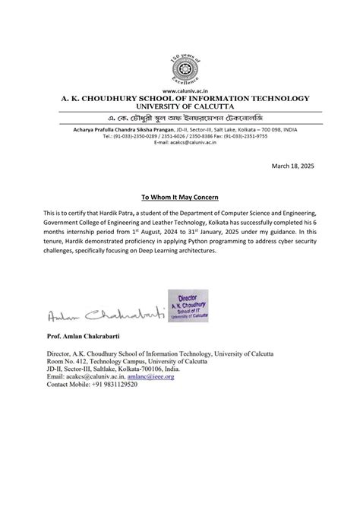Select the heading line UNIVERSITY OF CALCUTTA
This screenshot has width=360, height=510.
[180, 106]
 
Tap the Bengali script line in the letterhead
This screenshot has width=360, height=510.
[180, 119]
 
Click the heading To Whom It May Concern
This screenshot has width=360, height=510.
[180, 196]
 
